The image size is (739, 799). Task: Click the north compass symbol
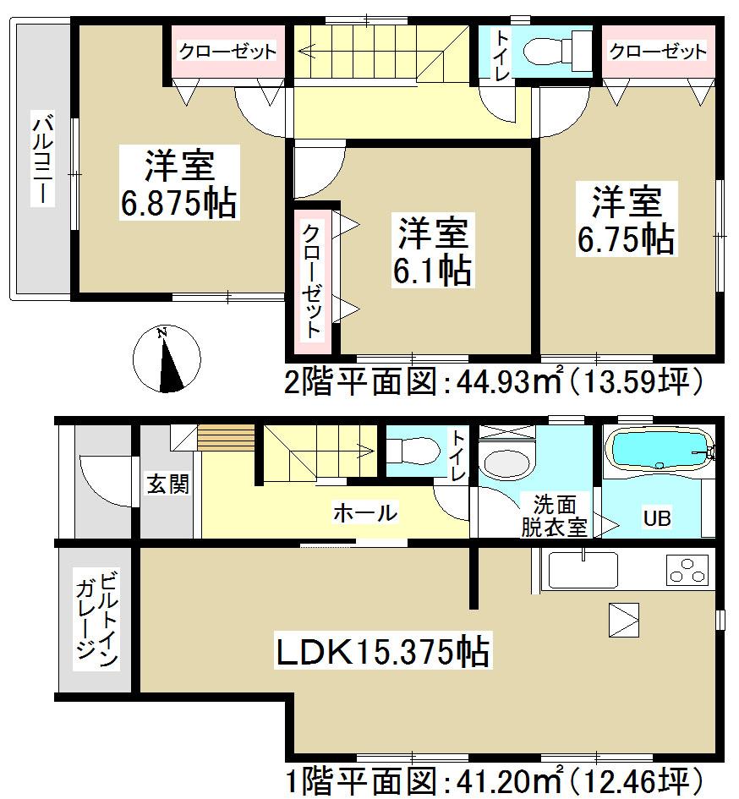[x=167, y=360]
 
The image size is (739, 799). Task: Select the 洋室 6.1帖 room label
[x=431, y=250]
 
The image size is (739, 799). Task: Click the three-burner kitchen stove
[x=687, y=571]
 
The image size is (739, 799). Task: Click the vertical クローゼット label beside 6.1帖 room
[x=312, y=281]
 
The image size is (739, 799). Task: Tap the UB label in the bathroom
[x=657, y=518]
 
